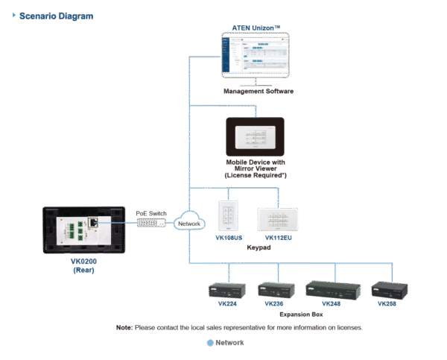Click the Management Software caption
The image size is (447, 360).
[x=258, y=91]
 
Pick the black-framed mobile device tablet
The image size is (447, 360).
[x=255, y=136]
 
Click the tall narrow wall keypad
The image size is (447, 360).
[x=226, y=215]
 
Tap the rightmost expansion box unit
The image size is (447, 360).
[x=388, y=290]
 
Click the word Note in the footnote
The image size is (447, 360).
[x=124, y=327]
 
